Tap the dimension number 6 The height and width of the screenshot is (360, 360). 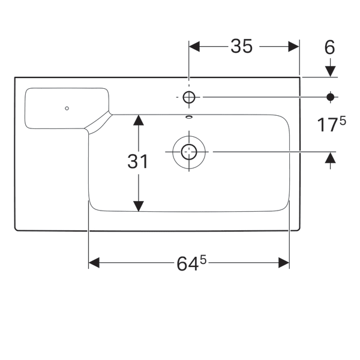pyautogui.click(x=329, y=47)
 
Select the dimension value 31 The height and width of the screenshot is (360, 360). pyautogui.click(x=138, y=161)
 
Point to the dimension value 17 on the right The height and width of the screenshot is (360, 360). pyautogui.click(x=326, y=126)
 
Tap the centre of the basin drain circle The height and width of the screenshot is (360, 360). pyautogui.click(x=189, y=152)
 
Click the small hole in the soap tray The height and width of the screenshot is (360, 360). pyautogui.click(x=67, y=109)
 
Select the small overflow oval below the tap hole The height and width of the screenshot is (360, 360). pyautogui.click(x=189, y=116)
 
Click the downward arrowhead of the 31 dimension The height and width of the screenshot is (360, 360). pyautogui.click(x=139, y=205)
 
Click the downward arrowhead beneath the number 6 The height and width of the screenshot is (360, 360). pyautogui.click(x=329, y=71)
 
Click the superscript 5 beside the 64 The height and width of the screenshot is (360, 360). pyautogui.click(x=204, y=259)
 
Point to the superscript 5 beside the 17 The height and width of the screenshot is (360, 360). pyautogui.click(x=343, y=121)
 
